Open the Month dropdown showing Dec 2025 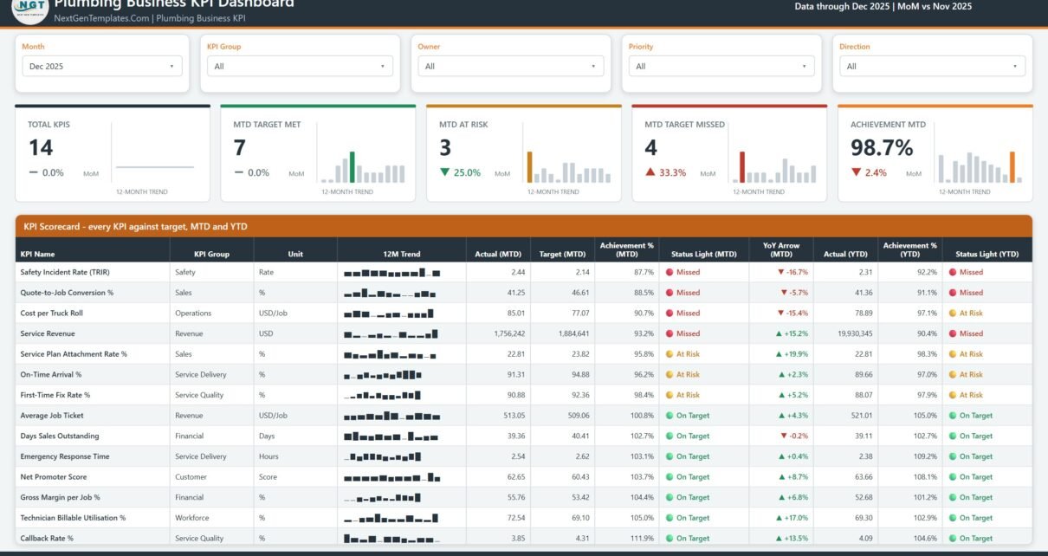102,66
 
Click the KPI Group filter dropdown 300,66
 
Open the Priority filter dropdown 721,66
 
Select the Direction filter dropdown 933,66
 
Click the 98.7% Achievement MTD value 882,147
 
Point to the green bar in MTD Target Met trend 353,167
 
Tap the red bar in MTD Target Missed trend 742,167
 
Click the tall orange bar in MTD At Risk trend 529,167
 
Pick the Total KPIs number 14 41,147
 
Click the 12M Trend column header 401,254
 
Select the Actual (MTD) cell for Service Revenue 509,333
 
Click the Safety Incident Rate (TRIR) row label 65,272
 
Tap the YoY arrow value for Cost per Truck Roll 792,314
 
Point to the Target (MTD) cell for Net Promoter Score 580,477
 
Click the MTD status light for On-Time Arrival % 682,374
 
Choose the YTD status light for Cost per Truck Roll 966,314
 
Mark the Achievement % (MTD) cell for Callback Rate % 642,538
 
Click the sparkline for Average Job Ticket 392,416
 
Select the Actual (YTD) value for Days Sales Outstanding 864,436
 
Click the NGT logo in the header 30,9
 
